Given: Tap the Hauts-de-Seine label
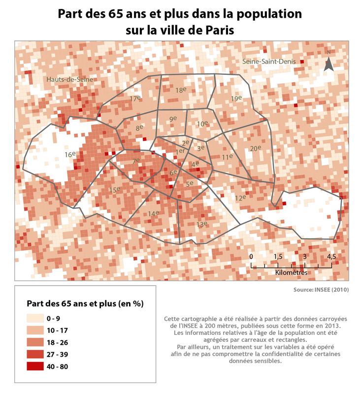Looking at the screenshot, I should click(x=69, y=79).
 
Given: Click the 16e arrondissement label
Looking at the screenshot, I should click(x=70, y=155).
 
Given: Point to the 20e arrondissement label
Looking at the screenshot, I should click(x=255, y=148).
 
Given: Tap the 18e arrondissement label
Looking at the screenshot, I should click(x=180, y=90).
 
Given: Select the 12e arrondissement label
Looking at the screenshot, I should click(x=240, y=197).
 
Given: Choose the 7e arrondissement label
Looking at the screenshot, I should click(x=136, y=161).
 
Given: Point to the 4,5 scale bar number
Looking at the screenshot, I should click(x=331, y=257).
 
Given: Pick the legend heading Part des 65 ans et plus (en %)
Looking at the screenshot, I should click(x=84, y=303).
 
